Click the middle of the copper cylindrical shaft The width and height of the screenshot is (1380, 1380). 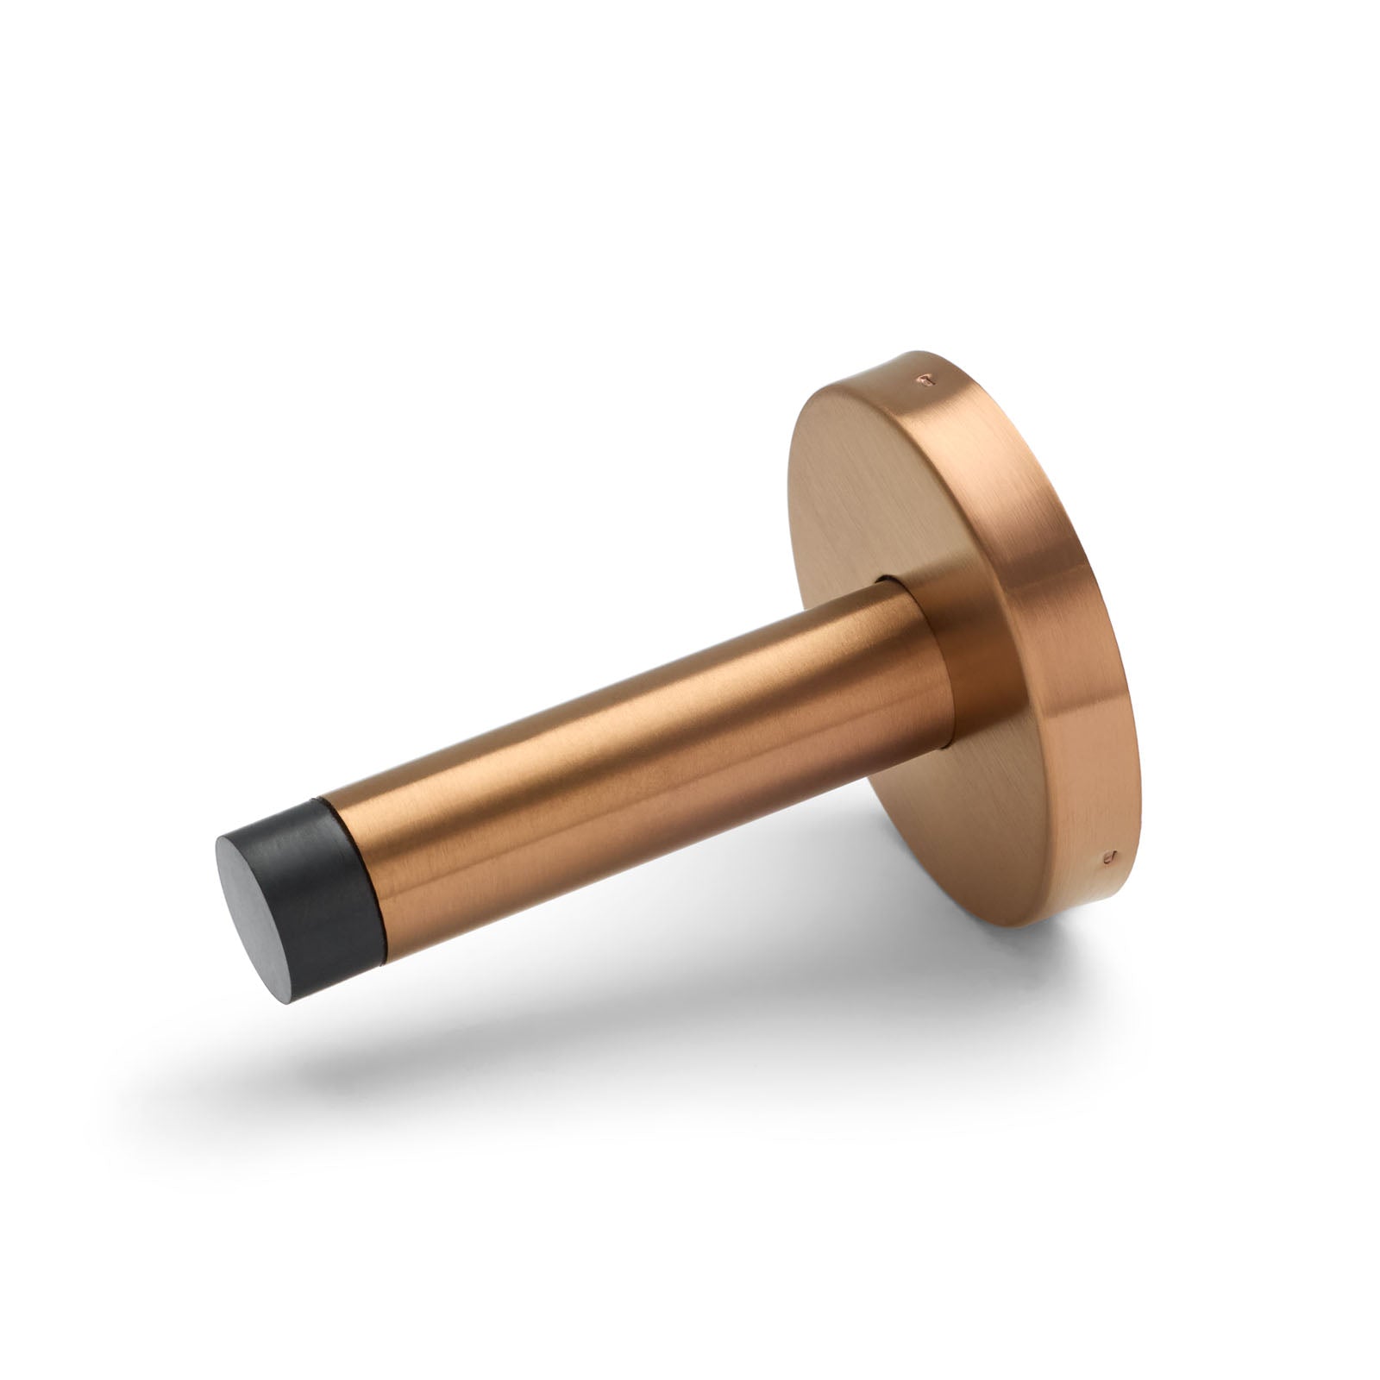[621, 759]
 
